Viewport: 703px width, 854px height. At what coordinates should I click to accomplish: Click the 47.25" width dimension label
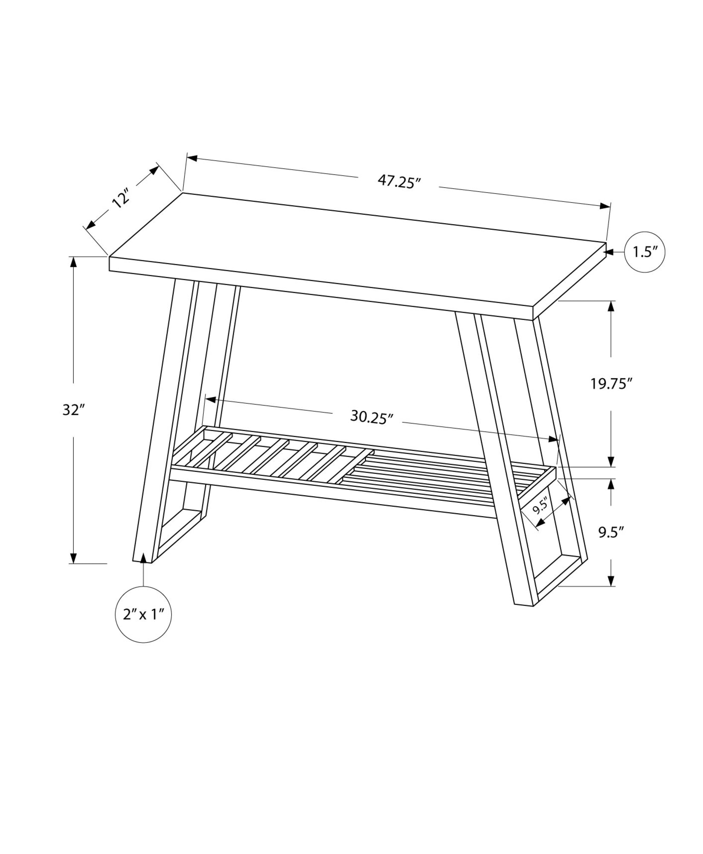coord(399,182)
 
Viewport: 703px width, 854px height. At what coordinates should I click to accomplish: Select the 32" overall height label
coord(71,410)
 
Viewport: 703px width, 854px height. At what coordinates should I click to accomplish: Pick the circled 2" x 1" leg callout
coord(144,614)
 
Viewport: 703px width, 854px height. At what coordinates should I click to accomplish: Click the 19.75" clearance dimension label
coord(611,384)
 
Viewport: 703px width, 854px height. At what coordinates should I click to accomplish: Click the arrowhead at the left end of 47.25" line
coord(192,158)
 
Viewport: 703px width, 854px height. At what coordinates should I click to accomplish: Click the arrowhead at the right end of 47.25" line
coord(605,206)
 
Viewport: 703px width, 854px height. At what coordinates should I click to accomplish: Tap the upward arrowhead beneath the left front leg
coord(144,558)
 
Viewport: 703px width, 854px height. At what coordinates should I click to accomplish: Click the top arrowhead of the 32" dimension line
coord(74,262)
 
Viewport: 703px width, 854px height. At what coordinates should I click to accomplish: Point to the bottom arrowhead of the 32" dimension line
coord(74,558)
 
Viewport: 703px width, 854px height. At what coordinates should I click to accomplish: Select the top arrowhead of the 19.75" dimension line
coord(611,307)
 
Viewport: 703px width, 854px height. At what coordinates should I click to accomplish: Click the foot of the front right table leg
coord(524,604)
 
